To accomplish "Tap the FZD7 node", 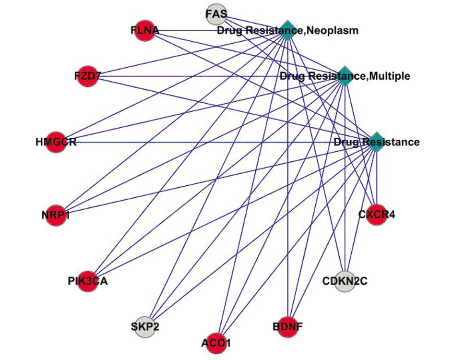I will click(88, 76).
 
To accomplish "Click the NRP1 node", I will click(56, 215).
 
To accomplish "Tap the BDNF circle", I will click(287, 327).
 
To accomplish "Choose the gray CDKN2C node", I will click(344, 280).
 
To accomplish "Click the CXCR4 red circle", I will click(376, 214).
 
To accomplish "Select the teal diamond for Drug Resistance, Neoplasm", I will click(287, 30).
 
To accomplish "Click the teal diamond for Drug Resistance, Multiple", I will click(344, 76).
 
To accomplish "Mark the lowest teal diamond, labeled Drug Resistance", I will click(376, 142).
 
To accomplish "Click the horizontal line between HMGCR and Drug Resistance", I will click(202, 142).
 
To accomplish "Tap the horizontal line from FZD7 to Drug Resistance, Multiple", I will click(192, 76).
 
